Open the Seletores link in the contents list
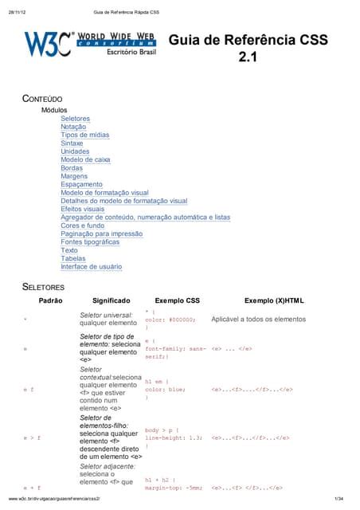click(x=75, y=118)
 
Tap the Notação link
click(x=74, y=126)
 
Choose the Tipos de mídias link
click(x=85, y=135)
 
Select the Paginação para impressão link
click(x=101, y=233)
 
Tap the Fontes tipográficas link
click(x=92, y=242)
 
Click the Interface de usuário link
click(x=92, y=267)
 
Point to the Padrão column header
click(x=51, y=300)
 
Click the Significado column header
click(x=116, y=300)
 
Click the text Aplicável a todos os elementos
click(x=258, y=320)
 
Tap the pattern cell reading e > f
click(x=32, y=437)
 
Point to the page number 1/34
click(x=338, y=500)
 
